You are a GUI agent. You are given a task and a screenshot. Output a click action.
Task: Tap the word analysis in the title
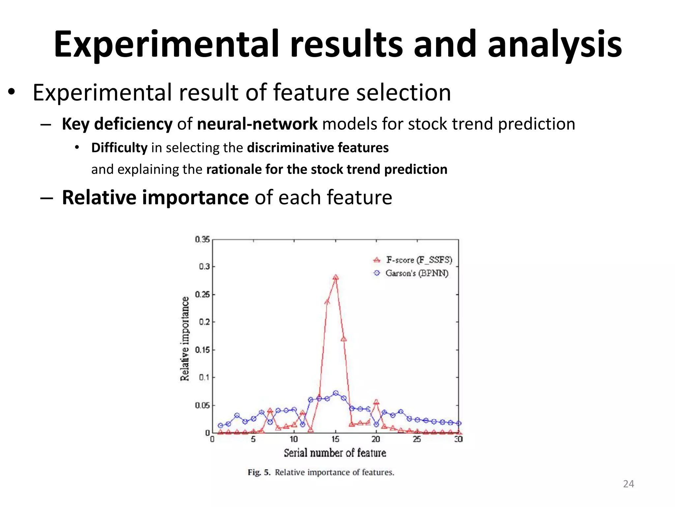(555, 45)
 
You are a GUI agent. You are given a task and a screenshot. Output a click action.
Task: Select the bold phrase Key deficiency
(117, 124)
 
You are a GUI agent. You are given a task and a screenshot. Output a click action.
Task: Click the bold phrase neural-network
(257, 124)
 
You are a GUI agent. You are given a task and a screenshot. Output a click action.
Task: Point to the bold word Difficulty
(119, 148)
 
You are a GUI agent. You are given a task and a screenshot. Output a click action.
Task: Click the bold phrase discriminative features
(318, 148)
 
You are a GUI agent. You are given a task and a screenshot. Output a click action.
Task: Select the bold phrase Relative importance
(155, 197)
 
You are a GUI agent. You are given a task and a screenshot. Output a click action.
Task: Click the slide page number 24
(628, 484)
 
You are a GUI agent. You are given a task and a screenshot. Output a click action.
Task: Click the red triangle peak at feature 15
(336, 277)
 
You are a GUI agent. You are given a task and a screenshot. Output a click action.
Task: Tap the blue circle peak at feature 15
(336, 393)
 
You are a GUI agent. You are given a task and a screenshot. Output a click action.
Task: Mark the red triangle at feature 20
(376, 402)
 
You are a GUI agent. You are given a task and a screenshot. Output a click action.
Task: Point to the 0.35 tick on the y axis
(202, 239)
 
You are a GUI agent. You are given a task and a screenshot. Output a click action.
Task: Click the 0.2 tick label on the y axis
(204, 322)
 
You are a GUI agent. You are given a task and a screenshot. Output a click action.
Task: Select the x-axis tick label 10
(294, 439)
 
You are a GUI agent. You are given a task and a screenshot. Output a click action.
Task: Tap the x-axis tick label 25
(417, 439)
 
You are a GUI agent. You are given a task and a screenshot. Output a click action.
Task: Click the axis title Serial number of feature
(335, 453)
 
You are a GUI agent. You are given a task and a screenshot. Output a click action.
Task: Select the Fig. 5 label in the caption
(259, 472)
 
